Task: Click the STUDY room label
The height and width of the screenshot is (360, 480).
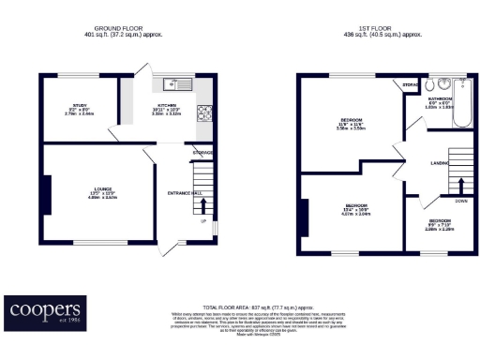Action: coord(79,106)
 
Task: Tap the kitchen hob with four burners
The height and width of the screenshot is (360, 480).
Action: coord(203,113)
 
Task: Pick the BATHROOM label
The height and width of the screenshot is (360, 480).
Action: coord(440,98)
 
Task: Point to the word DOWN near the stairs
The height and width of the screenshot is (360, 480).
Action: coord(461,201)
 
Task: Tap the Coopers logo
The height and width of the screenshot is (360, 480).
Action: coord(45,310)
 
